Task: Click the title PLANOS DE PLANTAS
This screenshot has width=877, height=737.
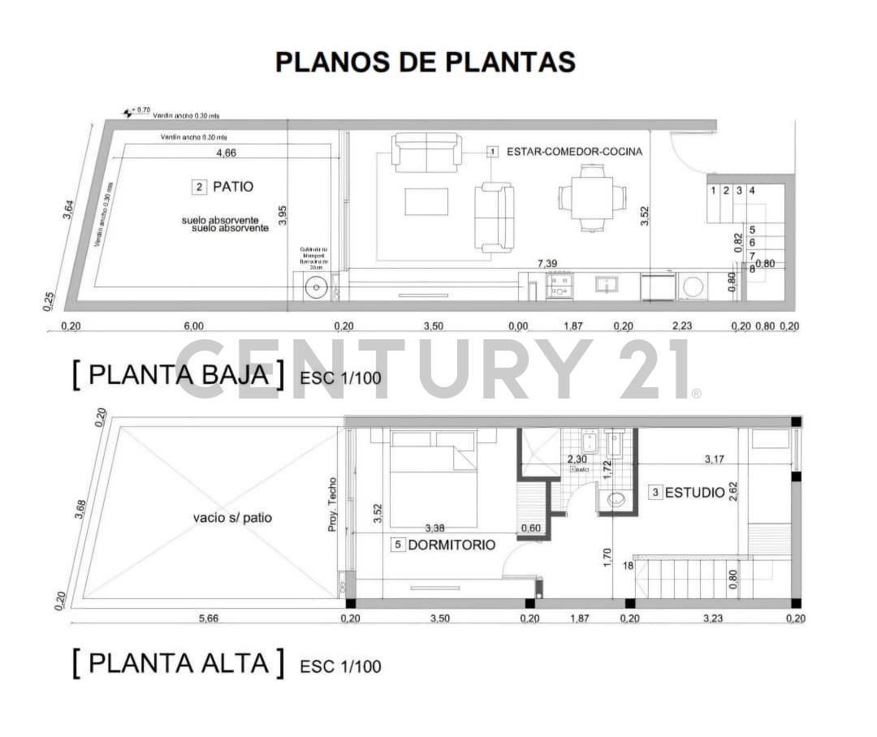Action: coord(425,62)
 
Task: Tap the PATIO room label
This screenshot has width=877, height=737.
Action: coord(232,187)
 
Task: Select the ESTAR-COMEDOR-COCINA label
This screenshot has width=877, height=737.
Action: coord(573,152)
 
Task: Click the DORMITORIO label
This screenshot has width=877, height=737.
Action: coord(451,545)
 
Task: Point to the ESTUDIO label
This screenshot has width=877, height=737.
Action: coord(694,492)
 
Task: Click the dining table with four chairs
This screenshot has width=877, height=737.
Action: coord(592,197)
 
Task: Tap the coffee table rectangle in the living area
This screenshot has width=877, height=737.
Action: coord(426,201)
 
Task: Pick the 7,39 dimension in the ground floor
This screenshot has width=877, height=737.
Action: coord(549,265)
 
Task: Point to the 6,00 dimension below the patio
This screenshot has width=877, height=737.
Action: coord(193,326)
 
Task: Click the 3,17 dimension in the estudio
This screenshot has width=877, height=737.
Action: coord(715,459)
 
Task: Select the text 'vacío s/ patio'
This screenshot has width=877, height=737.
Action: coord(232,517)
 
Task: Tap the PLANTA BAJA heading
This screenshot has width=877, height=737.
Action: coord(178,375)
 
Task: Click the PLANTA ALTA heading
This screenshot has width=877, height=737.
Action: coord(178,663)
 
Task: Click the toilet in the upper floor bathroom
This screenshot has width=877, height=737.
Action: coord(617,500)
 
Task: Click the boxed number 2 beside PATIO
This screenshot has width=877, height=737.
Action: coord(199,187)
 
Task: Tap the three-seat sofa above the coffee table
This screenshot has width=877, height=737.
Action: coord(426,153)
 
